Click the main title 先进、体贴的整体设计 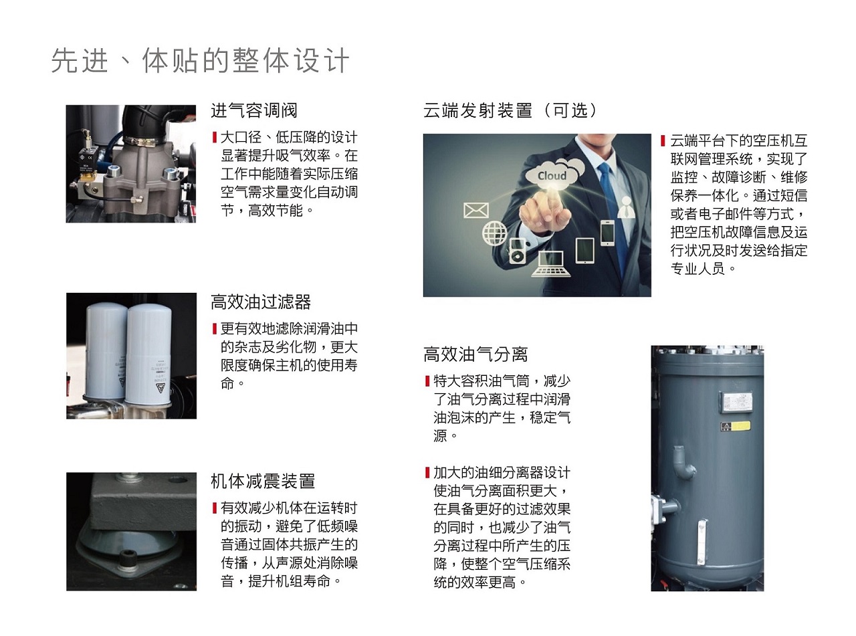point(201,61)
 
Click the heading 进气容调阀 point(254,110)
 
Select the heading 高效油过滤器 point(261,302)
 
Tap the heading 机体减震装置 point(263,481)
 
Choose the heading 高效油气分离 point(475,354)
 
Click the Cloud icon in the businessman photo point(552,176)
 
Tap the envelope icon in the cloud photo point(476,211)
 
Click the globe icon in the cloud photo point(495,233)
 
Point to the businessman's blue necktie point(612,214)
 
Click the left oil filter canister point(106,351)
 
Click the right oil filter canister point(148,354)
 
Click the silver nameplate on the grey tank point(737,401)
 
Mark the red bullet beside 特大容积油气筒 point(427,381)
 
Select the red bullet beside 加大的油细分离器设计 point(427,473)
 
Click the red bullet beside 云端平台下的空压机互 point(663,140)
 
